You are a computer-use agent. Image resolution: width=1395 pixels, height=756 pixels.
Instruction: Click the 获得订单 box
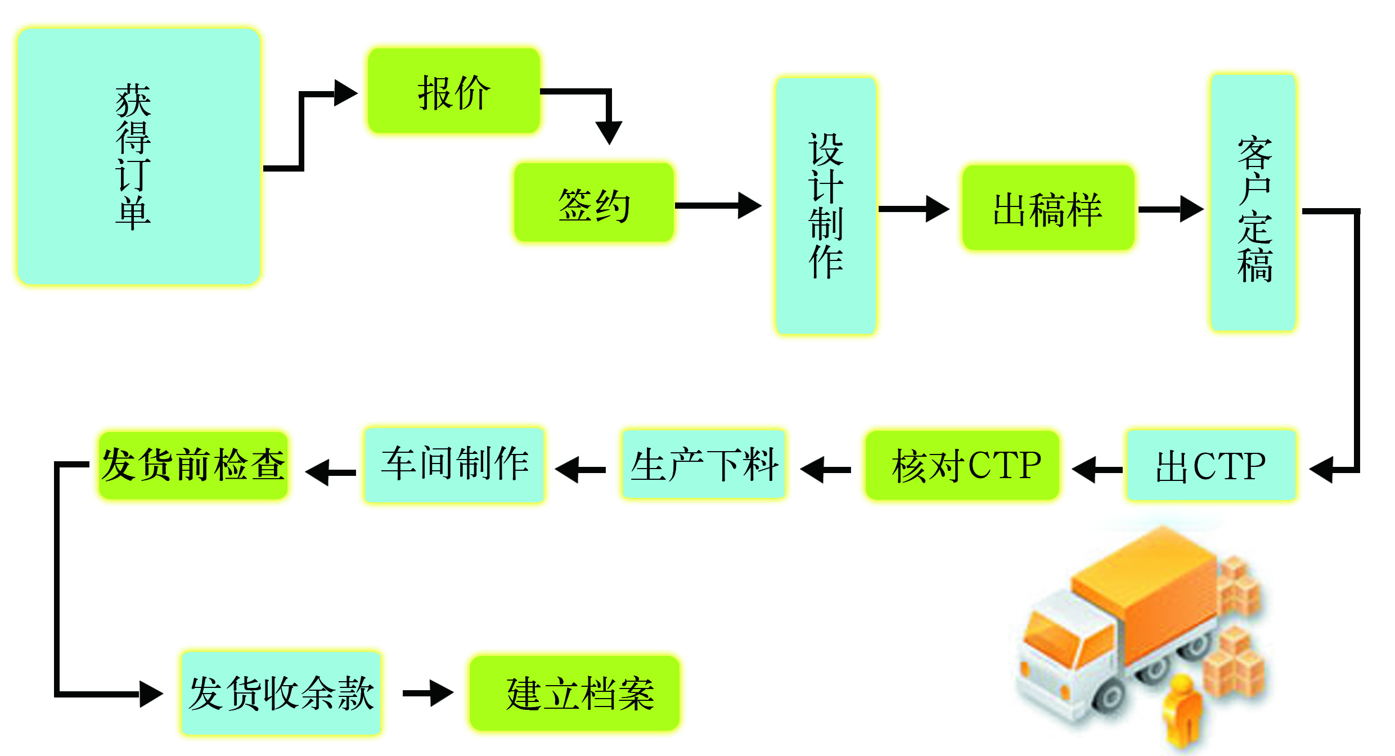[138, 156]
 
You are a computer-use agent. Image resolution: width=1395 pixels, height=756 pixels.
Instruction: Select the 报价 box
[453, 91]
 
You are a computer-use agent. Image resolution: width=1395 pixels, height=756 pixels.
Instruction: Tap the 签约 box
[593, 203]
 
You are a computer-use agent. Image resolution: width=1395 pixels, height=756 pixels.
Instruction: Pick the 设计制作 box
[825, 206]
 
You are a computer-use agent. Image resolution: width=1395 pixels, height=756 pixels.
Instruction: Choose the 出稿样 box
[1047, 208]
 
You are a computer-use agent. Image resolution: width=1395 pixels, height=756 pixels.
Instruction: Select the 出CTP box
[1210, 466]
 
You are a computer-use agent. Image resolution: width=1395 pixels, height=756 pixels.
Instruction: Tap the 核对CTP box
[962, 466]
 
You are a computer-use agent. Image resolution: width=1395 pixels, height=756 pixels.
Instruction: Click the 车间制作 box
[453, 465]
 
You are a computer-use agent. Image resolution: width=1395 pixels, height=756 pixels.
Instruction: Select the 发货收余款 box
[280, 693]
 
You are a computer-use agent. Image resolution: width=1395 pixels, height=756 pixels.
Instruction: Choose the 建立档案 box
[574, 693]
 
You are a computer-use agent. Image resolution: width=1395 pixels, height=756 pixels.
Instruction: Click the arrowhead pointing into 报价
[344, 93]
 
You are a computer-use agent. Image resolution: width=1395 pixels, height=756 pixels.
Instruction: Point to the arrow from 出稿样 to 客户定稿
[1170, 209]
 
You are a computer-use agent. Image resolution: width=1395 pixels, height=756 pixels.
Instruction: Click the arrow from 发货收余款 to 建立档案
[427, 693]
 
